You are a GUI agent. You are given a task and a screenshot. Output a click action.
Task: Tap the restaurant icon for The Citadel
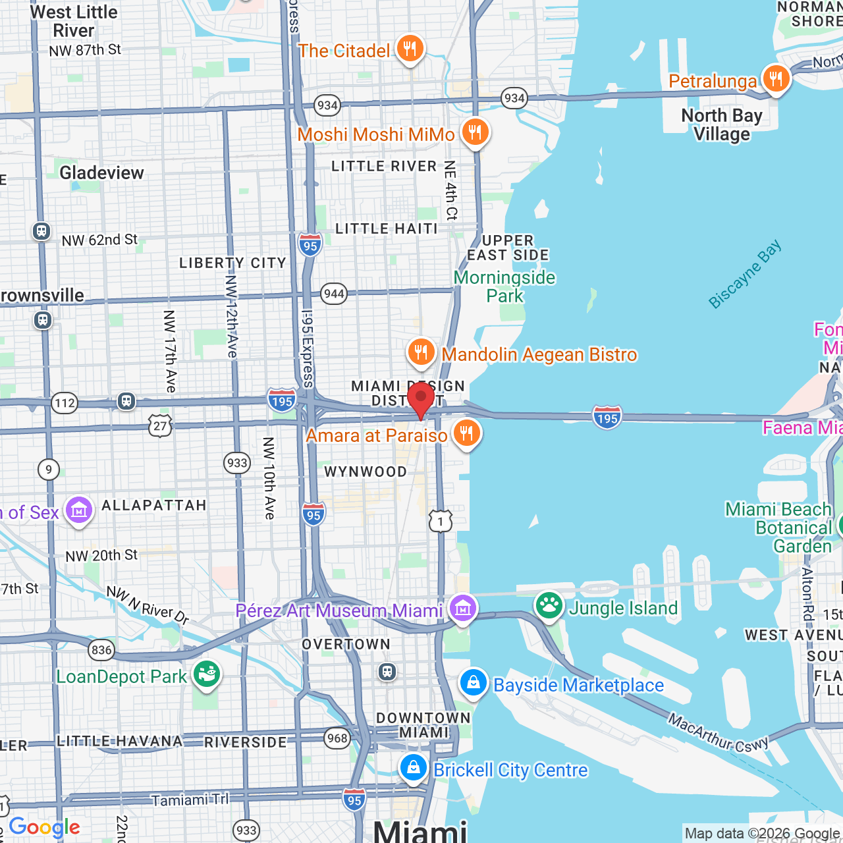pyautogui.click(x=410, y=49)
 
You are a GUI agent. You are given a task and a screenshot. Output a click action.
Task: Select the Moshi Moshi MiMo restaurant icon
pyautogui.click(x=474, y=132)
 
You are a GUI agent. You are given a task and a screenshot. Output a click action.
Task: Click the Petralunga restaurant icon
pyautogui.click(x=776, y=79)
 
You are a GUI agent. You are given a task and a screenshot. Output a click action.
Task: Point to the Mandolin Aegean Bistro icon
pyautogui.click(x=421, y=352)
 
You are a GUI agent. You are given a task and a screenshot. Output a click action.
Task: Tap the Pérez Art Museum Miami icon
pyautogui.click(x=462, y=609)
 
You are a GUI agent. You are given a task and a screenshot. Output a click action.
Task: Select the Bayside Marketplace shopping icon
pyautogui.click(x=474, y=684)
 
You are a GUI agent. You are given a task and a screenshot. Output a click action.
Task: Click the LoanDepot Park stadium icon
pyautogui.click(x=207, y=675)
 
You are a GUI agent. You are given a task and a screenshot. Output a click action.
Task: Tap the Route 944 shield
pyautogui.click(x=334, y=294)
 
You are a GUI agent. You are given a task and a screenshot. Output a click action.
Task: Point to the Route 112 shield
pyautogui.click(x=65, y=403)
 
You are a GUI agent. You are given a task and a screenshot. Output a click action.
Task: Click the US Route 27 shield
pyautogui.click(x=160, y=426)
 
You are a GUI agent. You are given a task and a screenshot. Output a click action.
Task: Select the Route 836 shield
pyautogui.click(x=101, y=651)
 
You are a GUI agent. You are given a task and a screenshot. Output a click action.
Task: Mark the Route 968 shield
pyautogui.click(x=337, y=738)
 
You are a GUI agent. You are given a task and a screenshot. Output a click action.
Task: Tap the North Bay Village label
pyautogui.click(x=722, y=124)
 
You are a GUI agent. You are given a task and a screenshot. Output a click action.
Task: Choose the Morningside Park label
pyautogui.click(x=505, y=286)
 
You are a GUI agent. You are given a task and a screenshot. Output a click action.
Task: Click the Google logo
pyautogui.click(x=45, y=827)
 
